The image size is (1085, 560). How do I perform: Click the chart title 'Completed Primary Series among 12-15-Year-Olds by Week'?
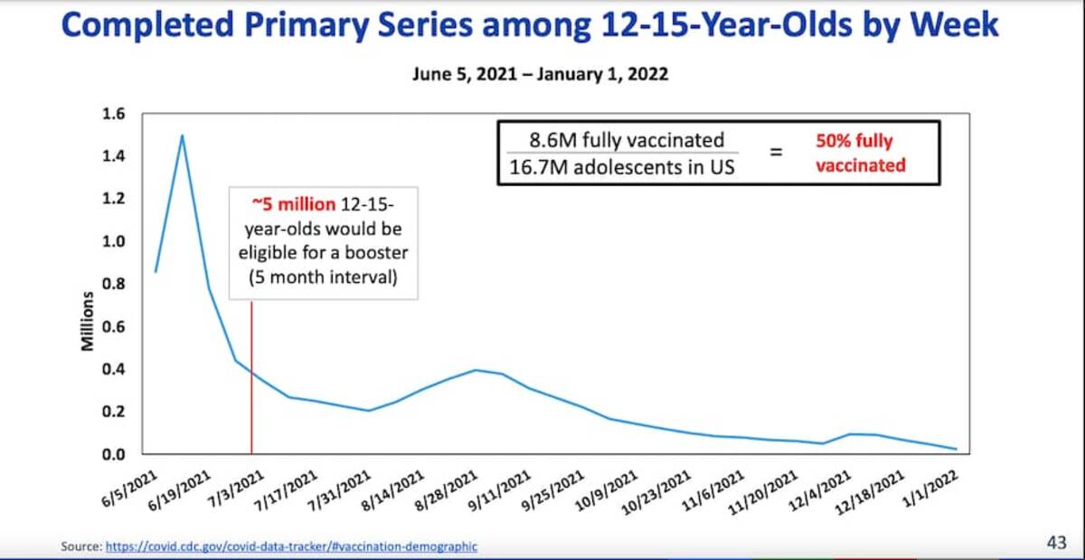[x=530, y=25]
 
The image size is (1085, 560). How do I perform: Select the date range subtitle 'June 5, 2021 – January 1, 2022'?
[x=540, y=74]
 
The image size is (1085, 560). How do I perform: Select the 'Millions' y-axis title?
[x=88, y=321]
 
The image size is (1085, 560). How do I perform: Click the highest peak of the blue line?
[x=183, y=135]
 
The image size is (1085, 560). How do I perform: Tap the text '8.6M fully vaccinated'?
[x=627, y=140]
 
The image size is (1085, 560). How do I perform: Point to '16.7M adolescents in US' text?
[x=627, y=167]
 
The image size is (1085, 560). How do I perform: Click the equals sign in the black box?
[x=776, y=153]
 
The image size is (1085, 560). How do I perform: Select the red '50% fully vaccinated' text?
[x=860, y=153]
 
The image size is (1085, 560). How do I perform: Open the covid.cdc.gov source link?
[x=291, y=546]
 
